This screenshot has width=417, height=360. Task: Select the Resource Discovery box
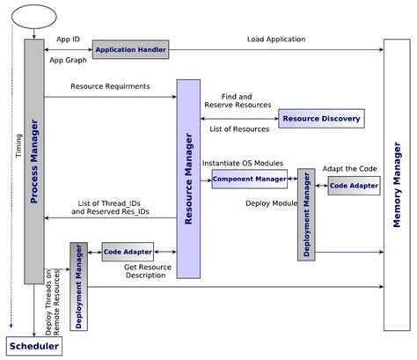319,119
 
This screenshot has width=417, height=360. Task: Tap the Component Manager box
250,179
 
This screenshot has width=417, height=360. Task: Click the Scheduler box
34,347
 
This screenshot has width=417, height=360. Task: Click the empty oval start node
33,16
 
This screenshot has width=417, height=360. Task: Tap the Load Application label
276,40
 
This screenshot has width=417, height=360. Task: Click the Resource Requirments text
110,87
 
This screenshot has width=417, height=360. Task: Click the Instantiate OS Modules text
242,163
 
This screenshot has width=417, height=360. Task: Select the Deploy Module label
269,202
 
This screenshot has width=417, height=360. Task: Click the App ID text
69,40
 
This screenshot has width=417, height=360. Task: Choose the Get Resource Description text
146,270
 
